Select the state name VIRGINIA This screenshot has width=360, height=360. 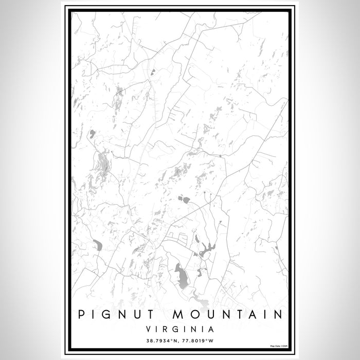coord(180,327)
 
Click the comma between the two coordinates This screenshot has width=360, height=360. coord(178,340)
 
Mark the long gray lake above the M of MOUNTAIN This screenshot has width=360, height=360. coord(181,276)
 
